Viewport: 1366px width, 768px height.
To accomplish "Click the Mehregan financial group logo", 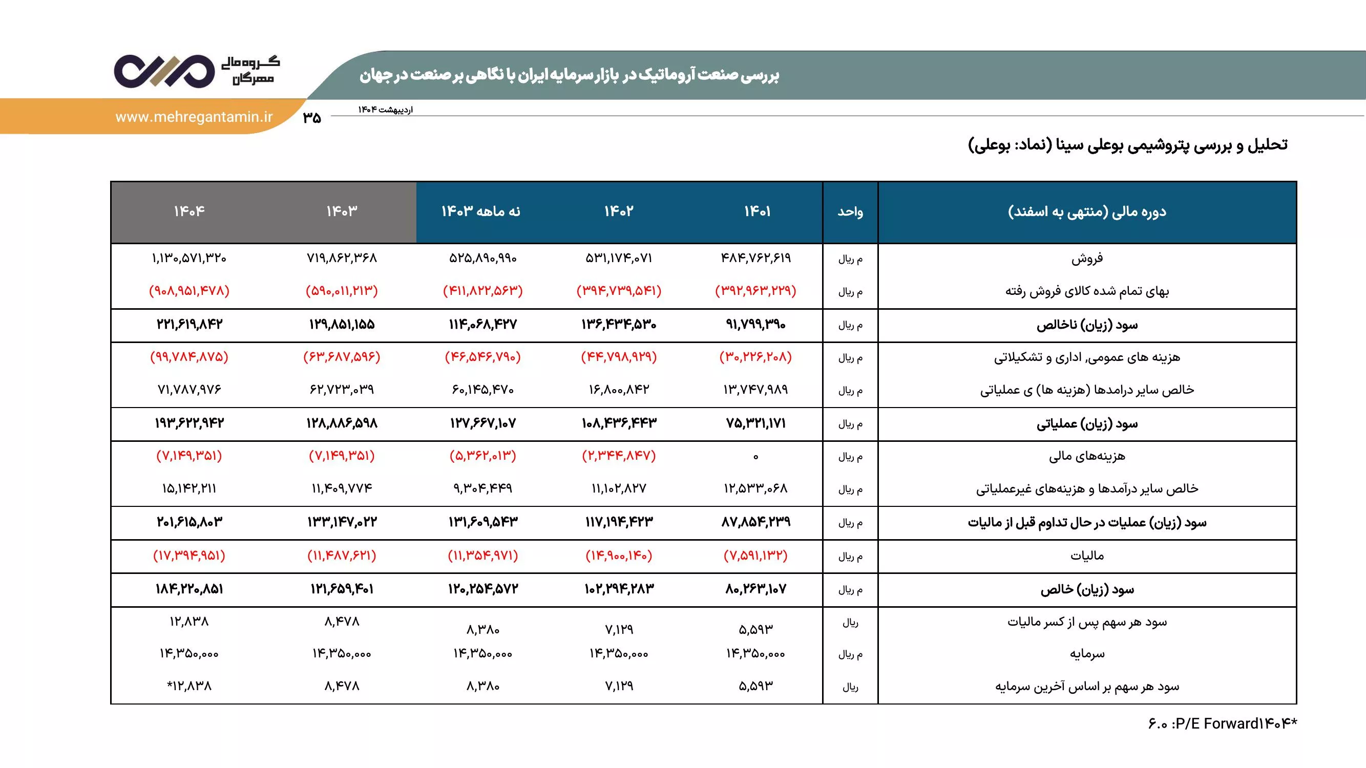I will (x=196, y=71).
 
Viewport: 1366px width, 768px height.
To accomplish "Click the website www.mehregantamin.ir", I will (x=194, y=117).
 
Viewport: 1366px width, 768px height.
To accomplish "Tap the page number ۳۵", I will (x=312, y=118).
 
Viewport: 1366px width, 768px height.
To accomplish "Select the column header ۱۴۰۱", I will (x=756, y=211).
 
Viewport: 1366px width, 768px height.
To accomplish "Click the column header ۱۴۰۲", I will (x=619, y=211).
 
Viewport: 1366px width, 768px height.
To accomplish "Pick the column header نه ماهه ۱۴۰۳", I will (x=481, y=211).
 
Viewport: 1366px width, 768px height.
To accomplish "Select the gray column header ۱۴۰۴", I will (x=189, y=211).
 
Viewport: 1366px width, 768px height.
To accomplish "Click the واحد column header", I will (x=850, y=212).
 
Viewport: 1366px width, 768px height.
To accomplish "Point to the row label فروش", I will (x=1086, y=259).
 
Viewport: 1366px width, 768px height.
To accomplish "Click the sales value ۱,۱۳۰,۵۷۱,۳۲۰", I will (x=189, y=258).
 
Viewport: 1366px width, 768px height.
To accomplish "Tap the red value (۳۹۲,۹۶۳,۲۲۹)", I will (x=755, y=291).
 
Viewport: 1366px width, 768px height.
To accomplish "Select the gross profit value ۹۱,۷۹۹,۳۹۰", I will (x=755, y=325).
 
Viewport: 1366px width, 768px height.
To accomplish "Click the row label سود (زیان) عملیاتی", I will (x=1086, y=424).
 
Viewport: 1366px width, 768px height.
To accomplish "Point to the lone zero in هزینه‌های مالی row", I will (x=755, y=457).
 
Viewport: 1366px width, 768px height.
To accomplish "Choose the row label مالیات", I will (x=1086, y=556).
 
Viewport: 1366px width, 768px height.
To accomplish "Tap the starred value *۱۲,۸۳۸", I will (x=189, y=687).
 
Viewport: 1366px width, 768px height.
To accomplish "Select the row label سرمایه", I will (x=1086, y=654).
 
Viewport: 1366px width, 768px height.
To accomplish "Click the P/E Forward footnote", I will (x=1222, y=723).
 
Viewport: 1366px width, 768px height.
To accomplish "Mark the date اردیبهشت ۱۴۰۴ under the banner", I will (x=385, y=110).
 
